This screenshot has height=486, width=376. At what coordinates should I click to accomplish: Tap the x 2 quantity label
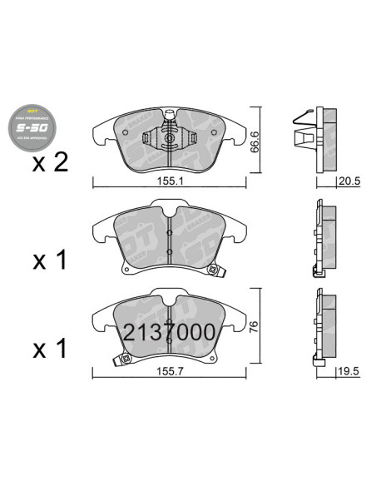pyautogui.click(x=51, y=163)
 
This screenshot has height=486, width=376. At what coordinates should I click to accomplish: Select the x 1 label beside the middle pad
pyautogui.click(x=51, y=261)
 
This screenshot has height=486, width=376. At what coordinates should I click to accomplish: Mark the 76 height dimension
pyautogui.click(x=259, y=327)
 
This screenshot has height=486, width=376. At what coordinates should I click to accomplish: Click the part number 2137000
pyautogui.click(x=170, y=333)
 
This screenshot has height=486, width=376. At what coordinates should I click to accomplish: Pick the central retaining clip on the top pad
pyautogui.click(x=170, y=131)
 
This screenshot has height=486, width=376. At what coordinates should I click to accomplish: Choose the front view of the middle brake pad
pyautogui.click(x=170, y=238)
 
